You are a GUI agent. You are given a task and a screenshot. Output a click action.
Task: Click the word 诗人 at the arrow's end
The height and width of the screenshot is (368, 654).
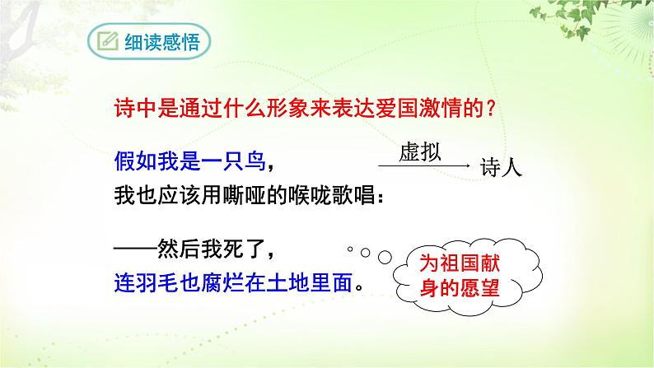500,169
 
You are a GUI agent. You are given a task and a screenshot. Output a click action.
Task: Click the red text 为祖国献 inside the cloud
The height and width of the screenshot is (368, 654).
465,266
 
